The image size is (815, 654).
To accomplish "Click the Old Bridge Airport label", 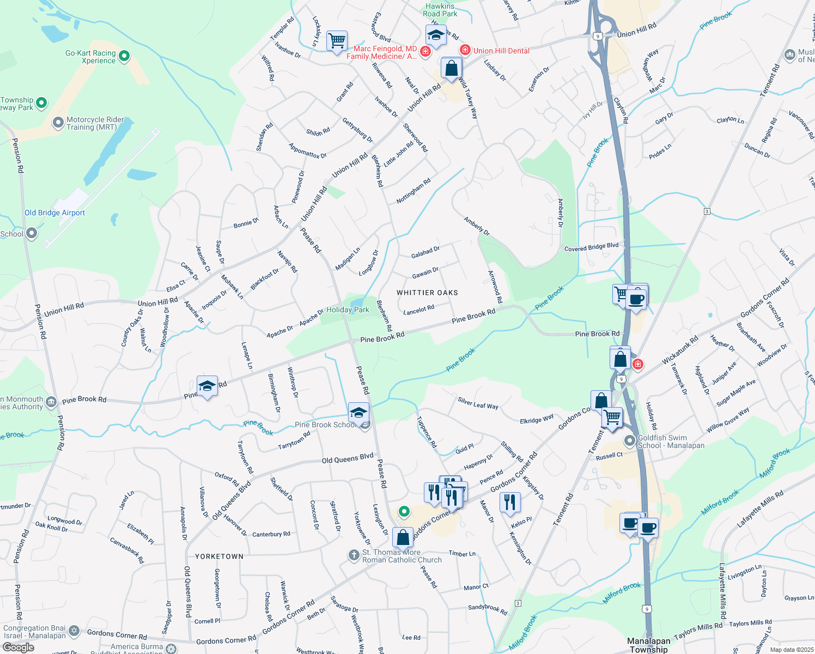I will (54, 213).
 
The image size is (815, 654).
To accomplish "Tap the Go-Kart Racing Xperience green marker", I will (124, 56).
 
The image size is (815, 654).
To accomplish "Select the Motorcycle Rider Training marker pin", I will (58, 123).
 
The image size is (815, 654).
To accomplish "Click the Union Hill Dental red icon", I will (465, 50).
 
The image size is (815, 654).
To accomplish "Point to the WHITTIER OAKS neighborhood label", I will (427, 293).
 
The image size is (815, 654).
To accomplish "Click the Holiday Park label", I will (348, 310).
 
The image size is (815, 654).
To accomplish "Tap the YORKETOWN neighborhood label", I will (220, 556).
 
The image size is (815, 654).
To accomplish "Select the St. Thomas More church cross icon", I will (354, 555).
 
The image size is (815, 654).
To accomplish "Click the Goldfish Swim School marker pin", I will (630, 440).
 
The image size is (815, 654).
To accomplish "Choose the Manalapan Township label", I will (648, 645).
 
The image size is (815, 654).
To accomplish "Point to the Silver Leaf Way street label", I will (478, 403).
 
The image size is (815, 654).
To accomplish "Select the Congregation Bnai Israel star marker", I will (74, 632).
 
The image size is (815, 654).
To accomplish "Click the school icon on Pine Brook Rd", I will (206, 386).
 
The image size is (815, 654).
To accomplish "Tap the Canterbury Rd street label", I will (271, 535).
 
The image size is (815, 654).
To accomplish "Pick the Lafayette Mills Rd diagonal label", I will (760, 509).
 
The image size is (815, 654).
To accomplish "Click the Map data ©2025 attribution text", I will (791, 650).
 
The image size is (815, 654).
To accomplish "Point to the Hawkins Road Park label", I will (440, 10).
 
